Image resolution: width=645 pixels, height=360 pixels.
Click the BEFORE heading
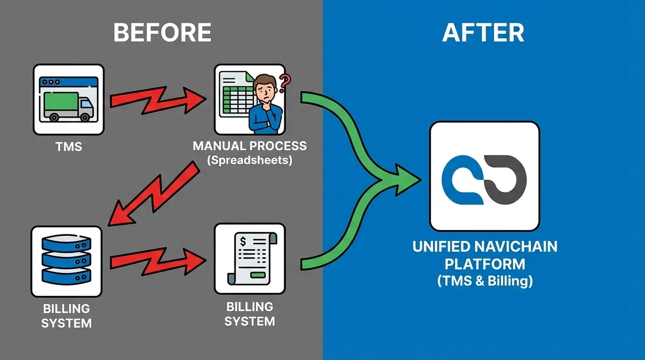[x=162, y=33]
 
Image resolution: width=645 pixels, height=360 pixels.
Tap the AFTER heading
[x=483, y=33]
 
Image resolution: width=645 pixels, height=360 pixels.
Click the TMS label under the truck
[x=68, y=147]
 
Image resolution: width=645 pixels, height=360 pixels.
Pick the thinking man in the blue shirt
[x=264, y=108]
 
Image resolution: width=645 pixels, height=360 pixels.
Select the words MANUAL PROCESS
[x=249, y=146]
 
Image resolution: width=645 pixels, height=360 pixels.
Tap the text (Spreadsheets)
[x=249, y=160]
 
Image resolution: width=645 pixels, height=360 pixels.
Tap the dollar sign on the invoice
[x=243, y=242]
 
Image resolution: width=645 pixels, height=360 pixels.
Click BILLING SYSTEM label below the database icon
[x=66, y=316]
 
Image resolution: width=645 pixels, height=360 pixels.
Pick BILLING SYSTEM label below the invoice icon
[x=249, y=314]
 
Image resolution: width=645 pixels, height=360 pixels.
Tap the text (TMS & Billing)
[x=485, y=281]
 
